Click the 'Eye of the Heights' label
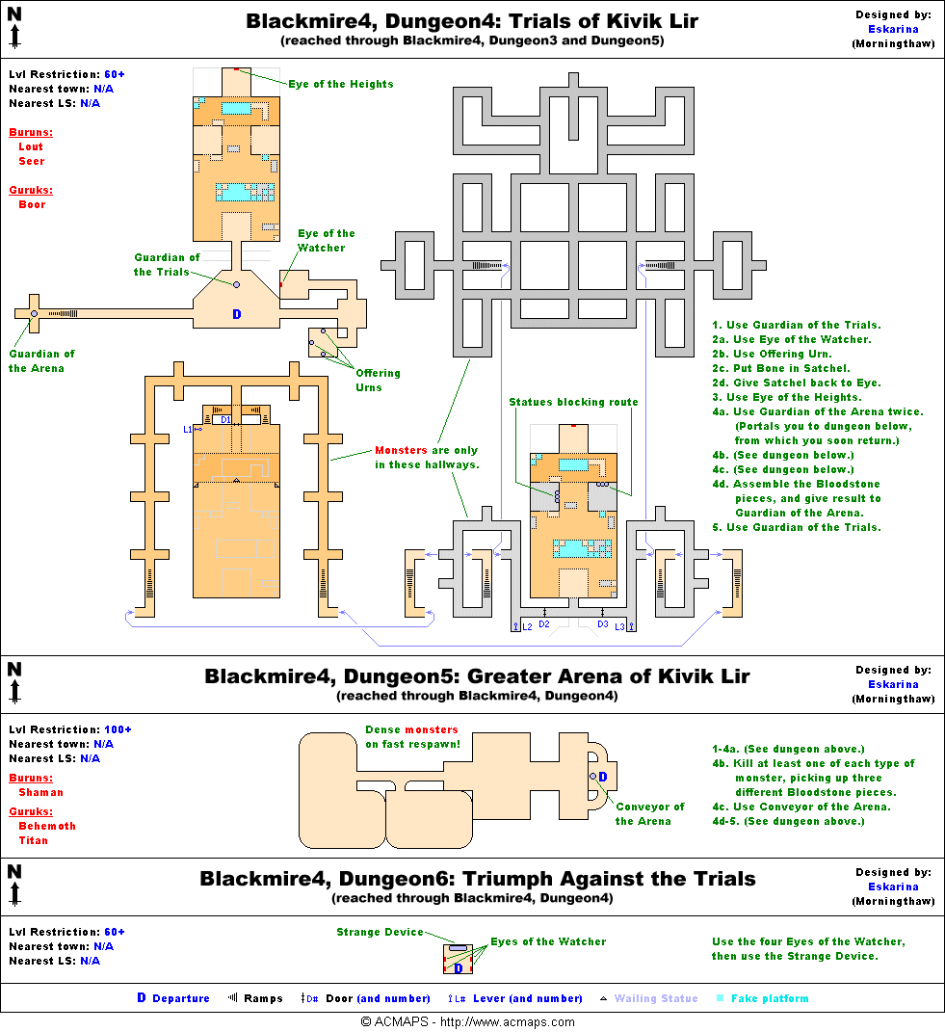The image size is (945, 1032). [x=340, y=84]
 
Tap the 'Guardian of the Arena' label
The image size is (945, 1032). [x=41, y=361]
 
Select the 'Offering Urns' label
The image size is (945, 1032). [x=378, y=381]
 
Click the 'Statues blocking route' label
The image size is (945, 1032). [x=573, y=402]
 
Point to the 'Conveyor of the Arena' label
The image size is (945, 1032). [x=650, y=814]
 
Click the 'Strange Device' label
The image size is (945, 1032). [x=380, y=932]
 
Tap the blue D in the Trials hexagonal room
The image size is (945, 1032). [x=237, y=314]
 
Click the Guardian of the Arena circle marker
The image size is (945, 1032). [x=34, y=314]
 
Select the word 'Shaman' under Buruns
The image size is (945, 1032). [x=41, y=792]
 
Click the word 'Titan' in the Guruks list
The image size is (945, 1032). [x=33, y=840]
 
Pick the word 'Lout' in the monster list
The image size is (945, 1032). [x=31, y=146]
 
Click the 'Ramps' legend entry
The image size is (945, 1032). [x=263, y=998]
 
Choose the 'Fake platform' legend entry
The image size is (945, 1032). [x=770, y=998]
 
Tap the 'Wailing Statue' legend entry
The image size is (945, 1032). [x=655, y=998]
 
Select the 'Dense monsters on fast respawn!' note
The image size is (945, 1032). [x=411, y=736]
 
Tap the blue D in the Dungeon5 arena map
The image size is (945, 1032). [x=602, y=777]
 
